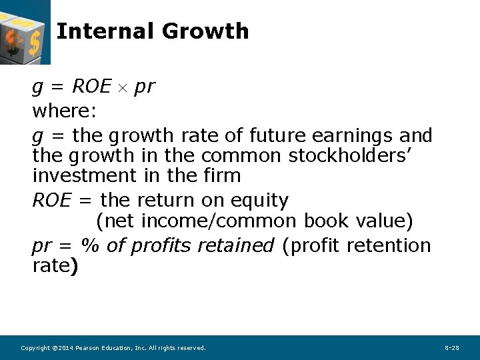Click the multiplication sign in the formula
click(x=123, y=88)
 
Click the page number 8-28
click(x=451, y=348)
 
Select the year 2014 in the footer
click(x=64, y=348)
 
